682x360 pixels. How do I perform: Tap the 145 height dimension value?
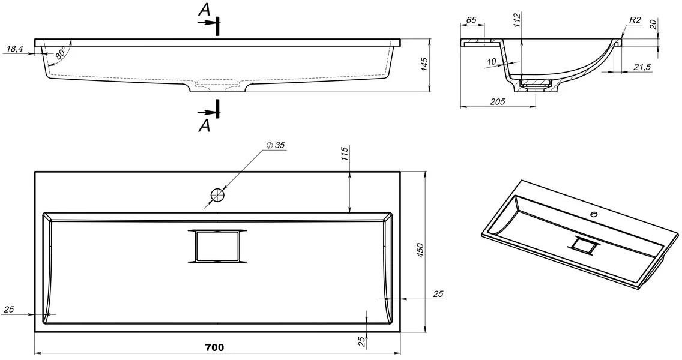click(x=424, y=64)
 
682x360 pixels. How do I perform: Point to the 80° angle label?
click(x=60, y=54)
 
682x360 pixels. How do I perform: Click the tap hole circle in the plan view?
click(x=217, y=195)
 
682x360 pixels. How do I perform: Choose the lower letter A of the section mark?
click(x=204, y=126)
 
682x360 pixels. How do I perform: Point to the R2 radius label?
click(x=634, y=20)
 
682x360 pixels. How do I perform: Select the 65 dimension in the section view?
click(x=471, y=20)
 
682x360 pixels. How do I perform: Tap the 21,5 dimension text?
click(x=642, y=67)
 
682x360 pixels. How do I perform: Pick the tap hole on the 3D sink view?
click(x=594, y=214)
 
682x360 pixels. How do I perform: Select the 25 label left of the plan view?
click(x=9, y=310)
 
